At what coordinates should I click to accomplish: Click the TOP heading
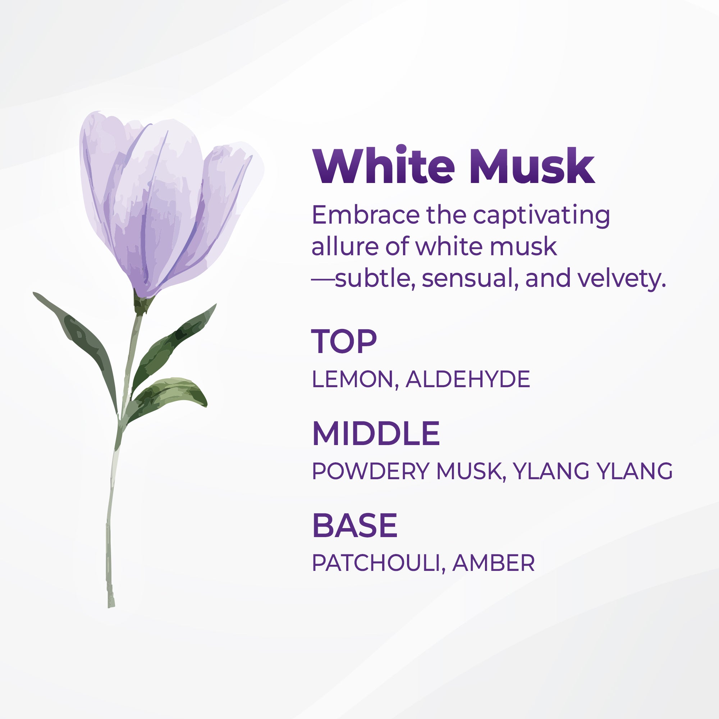(x=344, y=341)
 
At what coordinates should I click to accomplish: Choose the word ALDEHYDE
(x=468, y=379)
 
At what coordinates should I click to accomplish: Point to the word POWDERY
(x=371, y=471)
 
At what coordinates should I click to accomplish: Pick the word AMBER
(x=494, y=563)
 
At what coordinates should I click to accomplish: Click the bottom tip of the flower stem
(x=111, y=607)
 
